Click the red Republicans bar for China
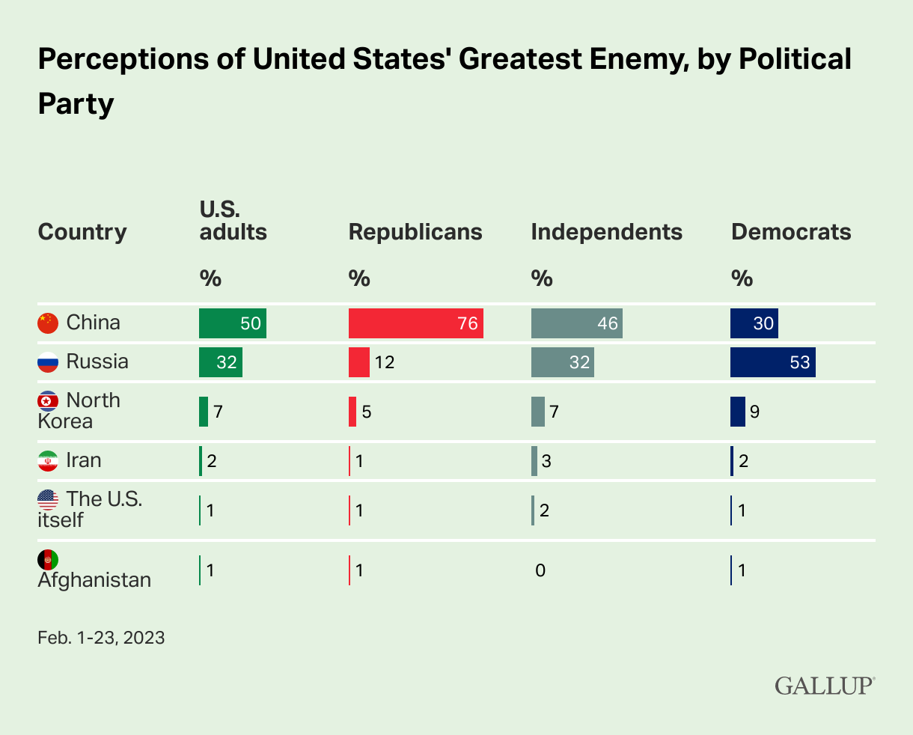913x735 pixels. click(415, 323)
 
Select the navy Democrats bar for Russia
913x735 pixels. click(772, 362)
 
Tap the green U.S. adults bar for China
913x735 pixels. click(232, 323)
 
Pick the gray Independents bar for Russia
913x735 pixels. click(562, 362)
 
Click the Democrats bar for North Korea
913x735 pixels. click(738, 412)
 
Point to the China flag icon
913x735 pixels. click(48, 323)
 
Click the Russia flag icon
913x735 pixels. click(48, 362)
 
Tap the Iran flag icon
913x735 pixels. click(48, 460)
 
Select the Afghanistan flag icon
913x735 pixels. click(48, 560)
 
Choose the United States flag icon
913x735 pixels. click(48, 499)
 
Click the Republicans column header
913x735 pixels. click(415, 232)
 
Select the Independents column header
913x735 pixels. click(606, 232)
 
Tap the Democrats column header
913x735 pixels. click(791, 232)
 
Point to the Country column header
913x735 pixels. click(82, 232)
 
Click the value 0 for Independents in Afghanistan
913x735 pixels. click(540, 571)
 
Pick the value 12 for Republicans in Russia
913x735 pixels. click(384, 363)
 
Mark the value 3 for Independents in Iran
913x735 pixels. click(546, 461)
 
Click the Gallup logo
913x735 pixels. click(825, 685)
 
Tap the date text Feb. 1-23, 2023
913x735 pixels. click(101, 638)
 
